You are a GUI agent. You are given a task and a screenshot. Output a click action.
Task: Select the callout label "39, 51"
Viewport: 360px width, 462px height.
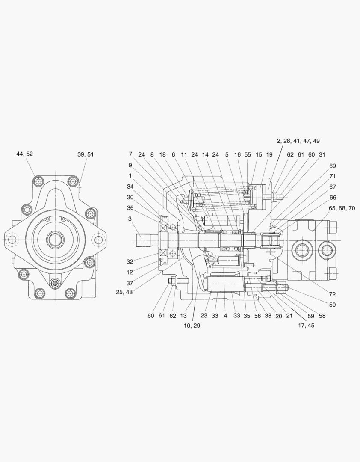coord(85,154)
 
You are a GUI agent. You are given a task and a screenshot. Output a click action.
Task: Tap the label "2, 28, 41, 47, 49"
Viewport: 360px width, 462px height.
coord(298,141)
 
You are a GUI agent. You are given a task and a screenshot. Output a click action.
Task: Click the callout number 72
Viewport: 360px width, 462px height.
coord(332,294)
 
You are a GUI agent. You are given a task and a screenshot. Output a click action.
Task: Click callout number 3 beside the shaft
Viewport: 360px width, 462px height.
coord(130,219)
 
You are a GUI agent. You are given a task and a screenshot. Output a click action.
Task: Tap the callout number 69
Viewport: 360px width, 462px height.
coord(332,166)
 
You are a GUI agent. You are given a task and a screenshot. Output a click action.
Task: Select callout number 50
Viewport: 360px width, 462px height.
coord(332,305)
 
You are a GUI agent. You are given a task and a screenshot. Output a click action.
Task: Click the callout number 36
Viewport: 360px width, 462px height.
coord(130,208)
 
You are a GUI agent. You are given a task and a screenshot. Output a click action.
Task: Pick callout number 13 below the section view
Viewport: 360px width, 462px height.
coord(183,316)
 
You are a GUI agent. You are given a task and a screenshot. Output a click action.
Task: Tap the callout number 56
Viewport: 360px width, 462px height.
coord(257,316)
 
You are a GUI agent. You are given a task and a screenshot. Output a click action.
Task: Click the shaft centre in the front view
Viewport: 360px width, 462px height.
coord(55,240)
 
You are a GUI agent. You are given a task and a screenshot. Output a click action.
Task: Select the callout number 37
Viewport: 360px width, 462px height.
coord(130,283)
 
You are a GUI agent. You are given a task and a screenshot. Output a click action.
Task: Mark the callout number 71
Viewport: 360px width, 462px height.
coord(332,176)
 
